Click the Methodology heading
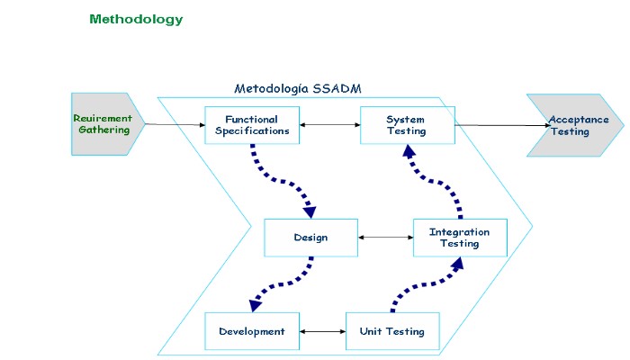136,19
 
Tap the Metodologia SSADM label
297,88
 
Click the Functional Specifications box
251,125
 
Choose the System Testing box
407,125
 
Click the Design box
310,238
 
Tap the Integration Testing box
460,238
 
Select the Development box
252,331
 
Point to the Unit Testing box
392,331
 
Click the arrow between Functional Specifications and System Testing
329,125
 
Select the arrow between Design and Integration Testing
385,238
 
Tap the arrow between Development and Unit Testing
322,331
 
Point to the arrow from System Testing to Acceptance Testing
504,125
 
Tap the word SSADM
338,88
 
